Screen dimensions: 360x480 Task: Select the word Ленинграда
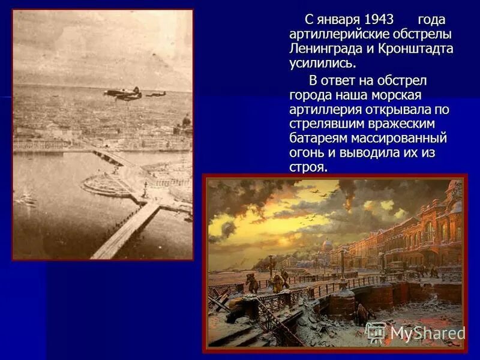click(x=322, y=49)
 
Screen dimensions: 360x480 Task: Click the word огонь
click(x=308, y=153)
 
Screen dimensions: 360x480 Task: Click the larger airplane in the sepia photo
click(x=122, y=94)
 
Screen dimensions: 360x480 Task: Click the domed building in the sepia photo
click(x=187, y=123)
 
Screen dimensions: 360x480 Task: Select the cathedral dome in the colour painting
click(x=326, y=245)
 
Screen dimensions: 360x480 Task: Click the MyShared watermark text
click(x=427, y=333)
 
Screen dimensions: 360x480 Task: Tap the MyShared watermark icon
click(x=376, y=332)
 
